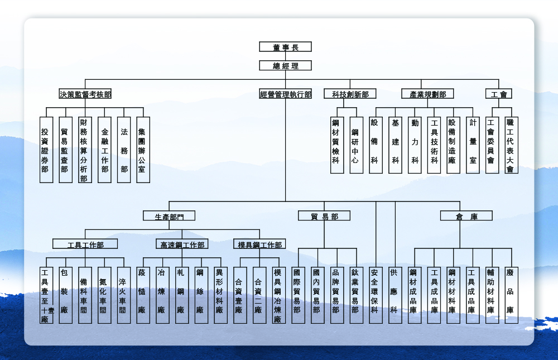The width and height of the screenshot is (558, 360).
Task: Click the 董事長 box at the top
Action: point(285,47)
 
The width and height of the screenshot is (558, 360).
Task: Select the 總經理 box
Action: point(285,66)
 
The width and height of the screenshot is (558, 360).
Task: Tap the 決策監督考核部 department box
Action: point(85,94)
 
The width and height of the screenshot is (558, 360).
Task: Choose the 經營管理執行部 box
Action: point(285,94)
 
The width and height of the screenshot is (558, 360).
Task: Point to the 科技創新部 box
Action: point(350,94)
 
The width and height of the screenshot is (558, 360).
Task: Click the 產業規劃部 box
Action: point(427,94)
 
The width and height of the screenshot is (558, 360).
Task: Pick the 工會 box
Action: point(498,94)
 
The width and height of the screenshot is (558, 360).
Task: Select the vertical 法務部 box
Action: point(124,150)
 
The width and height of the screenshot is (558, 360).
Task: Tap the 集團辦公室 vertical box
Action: point(143,150)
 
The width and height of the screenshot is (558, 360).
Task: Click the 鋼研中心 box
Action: point(356,145)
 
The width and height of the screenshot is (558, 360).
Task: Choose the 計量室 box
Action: point(473,145)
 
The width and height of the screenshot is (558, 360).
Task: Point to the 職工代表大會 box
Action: point(511,145)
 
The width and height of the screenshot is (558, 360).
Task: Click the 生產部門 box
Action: point(169,216)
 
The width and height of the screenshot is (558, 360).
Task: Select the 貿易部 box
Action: point(324,216)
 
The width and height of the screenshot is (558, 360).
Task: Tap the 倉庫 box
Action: point(466,216)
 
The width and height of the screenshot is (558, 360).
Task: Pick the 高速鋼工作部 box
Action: point(182,244)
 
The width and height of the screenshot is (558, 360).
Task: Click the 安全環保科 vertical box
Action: point(376,295)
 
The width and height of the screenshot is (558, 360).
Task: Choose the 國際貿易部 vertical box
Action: point(298,295)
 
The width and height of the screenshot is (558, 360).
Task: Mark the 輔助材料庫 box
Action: point(492,295)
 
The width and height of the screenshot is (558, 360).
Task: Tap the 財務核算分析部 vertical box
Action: point(85,150)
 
